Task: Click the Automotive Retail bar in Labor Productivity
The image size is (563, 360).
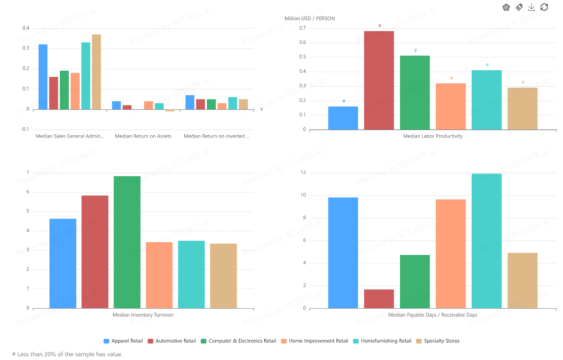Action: click(379, 80)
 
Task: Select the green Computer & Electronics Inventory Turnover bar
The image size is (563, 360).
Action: click(127, 242)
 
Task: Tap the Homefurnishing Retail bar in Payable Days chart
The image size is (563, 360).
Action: click(486, 241)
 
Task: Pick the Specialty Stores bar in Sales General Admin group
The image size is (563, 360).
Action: click(96, 72)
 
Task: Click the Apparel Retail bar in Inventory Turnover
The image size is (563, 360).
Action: click(63, 263)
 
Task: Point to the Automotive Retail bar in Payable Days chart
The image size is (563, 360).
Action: click(379, 299)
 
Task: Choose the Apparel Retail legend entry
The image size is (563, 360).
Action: click(123, 341)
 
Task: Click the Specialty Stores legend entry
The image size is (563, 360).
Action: click(438, 341)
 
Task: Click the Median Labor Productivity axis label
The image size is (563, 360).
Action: click(432, 136)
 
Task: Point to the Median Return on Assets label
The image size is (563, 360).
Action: click(143, 136)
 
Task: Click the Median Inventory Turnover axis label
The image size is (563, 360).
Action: click(143, 315)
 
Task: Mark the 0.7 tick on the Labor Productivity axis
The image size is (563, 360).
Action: click(302, 28)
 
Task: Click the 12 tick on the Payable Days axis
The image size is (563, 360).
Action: click(303, 173)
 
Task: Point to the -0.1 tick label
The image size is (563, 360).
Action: click(25, 130)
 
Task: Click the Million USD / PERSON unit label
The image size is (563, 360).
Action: click(310, 18)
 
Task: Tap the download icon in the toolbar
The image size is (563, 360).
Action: click(531, 7)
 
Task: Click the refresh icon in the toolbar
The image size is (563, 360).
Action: click(544, 7)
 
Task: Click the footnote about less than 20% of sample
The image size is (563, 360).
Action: click(67, 354)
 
